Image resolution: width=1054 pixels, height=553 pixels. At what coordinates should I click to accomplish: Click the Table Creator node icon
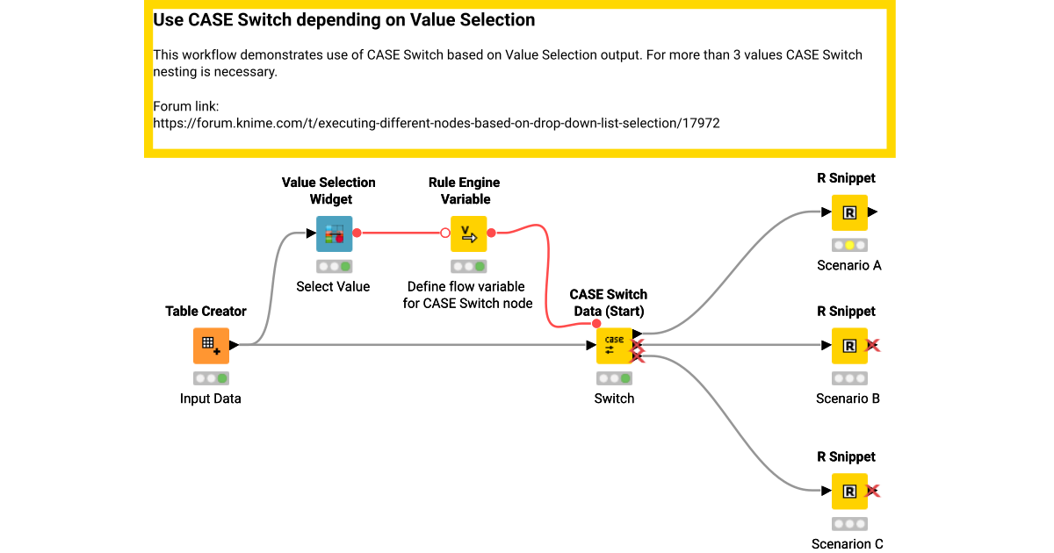pyautogui.click(x=211, y=345)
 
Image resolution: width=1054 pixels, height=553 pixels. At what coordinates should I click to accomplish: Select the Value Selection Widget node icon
pyautogui.click(x=334, y=233)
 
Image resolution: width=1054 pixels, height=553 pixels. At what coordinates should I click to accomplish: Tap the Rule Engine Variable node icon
pyautogui.click(x=468, y=233)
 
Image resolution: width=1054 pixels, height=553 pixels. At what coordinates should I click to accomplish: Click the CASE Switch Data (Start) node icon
pyautogui.click(x=614, y=345)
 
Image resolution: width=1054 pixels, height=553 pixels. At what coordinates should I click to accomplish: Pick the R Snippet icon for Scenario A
pyautogui.click(x=849, y=212)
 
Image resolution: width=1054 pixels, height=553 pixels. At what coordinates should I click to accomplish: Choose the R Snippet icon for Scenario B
pyautogui.click(x=849, y=345)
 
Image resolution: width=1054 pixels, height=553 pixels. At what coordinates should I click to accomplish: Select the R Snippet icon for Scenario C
pyautogui.click(x=849, y=492)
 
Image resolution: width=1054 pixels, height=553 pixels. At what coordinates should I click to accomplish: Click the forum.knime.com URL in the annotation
pyautogui.click(x=437, y=124)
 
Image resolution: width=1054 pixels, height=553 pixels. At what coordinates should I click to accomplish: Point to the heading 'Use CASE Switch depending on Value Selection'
pyautogui.click(x=344, y=19)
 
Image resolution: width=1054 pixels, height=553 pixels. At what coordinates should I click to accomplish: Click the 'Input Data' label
pyautogui.click(x=211, y=399)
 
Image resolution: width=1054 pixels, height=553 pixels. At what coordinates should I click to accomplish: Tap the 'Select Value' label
pyautogui.click(x=333, y=286)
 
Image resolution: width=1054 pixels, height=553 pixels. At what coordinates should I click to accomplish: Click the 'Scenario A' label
pyautogui.click(x=848, y=265)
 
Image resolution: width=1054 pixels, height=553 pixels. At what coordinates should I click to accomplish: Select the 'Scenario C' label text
pyautogui.click(x=848, y=544)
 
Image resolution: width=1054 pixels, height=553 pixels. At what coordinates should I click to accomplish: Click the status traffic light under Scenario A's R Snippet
pyautogui.click(x=849, y=246)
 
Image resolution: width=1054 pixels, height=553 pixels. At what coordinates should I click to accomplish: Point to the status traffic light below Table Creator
pyautogui.click(x=211, y=378)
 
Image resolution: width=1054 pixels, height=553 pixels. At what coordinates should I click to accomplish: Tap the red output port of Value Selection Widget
pyautogui.click(x=357, y=233)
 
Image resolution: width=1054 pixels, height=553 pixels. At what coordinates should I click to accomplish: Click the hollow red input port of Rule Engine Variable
pyautogui.click(x=445, y=233)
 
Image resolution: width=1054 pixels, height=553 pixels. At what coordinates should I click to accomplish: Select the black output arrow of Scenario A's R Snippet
pyautogui.click(x=872, y=212)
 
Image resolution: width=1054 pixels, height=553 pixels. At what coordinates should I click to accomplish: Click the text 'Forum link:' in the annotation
pyautogui.click(x=180, y=106)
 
